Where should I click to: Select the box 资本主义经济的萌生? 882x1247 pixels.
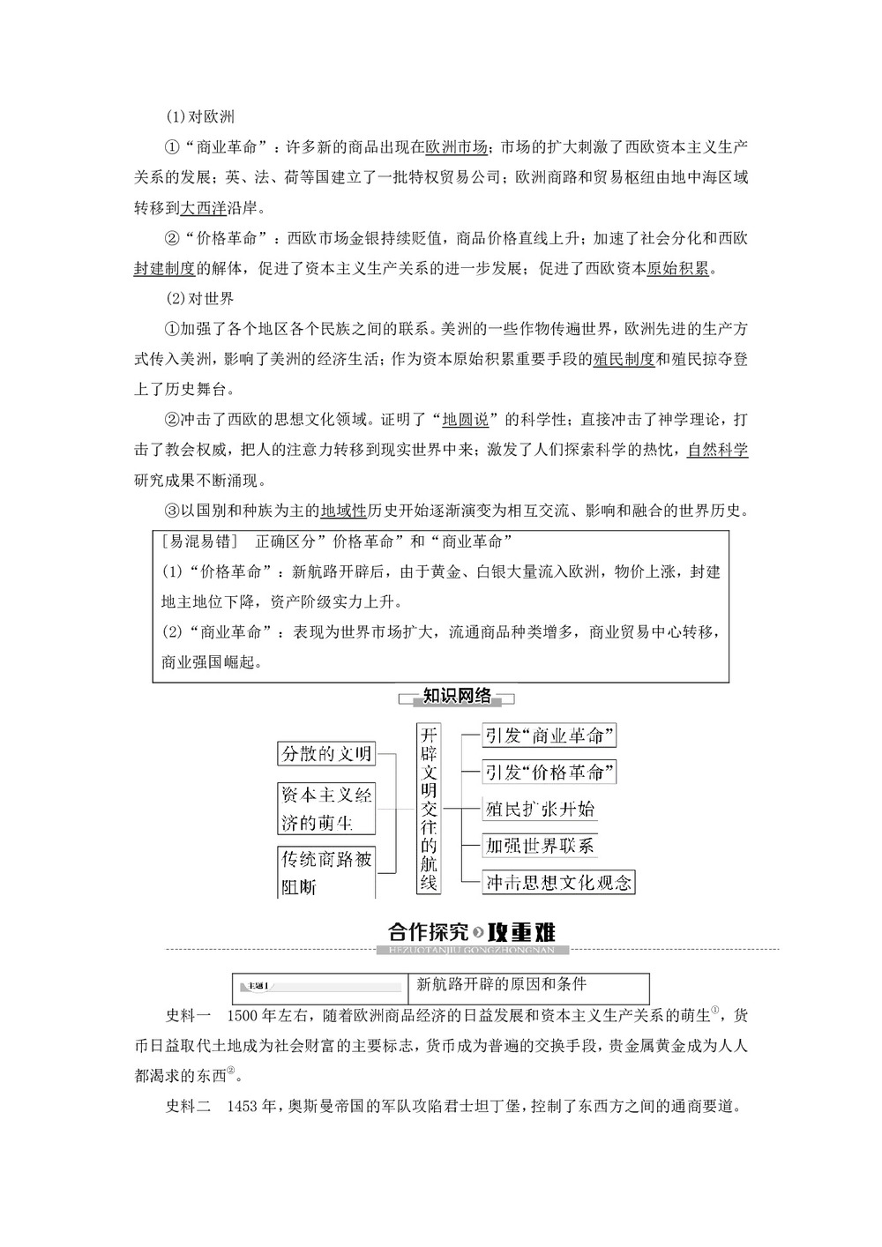tap(326, 809)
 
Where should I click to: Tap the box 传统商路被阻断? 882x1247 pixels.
tap(326, 872)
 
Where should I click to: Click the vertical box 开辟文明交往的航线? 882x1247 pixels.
tap(429, 809)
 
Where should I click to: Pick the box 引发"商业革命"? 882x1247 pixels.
tap(549, 736)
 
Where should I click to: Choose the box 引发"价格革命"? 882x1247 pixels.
tap(549, 773)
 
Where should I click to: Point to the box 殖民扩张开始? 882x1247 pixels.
tap(540, 809)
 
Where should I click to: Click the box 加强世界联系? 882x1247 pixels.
tap(540, 846)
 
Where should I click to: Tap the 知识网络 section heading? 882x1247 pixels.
tap(457, 697)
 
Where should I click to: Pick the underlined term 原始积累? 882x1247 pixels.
tap(677, 269)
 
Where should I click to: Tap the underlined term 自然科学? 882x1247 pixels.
tap(717, 449)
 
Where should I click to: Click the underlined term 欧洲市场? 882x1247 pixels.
tap(456, 147)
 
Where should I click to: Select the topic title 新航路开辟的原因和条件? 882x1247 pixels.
tap(501, 984)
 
